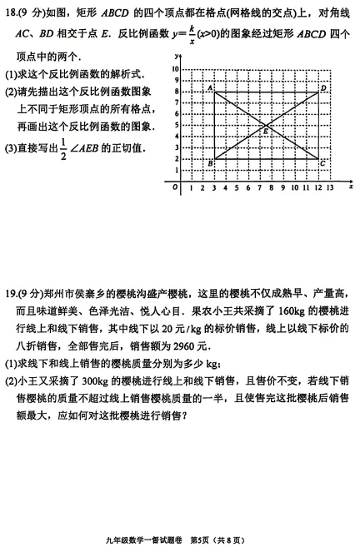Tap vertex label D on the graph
[323, 87]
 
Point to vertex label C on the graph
[323, 164]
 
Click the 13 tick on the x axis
[331, 189]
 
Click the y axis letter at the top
[177, 54]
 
